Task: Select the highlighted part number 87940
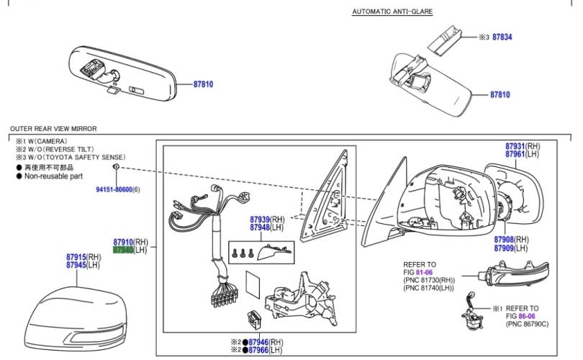click(x=123, y=250)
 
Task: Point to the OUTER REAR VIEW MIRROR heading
click(x=53, y=128)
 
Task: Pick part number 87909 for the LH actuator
click(x=504, y=248)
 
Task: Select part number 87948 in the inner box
click(x=260, y=228)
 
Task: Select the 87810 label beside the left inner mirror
click(x=204, y=84)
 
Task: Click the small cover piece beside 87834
click(x=446, y=36)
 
